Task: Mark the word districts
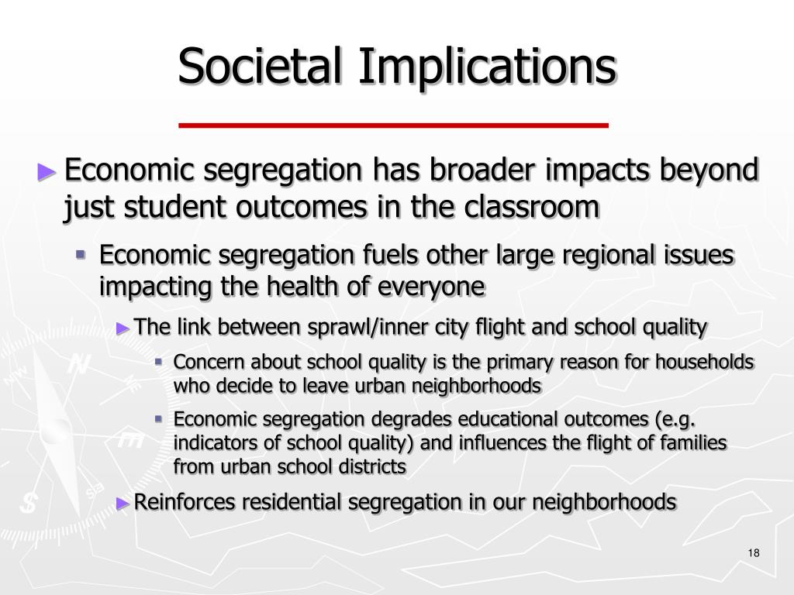(x=372, y=467)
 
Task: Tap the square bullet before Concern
(x=158, y=361)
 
